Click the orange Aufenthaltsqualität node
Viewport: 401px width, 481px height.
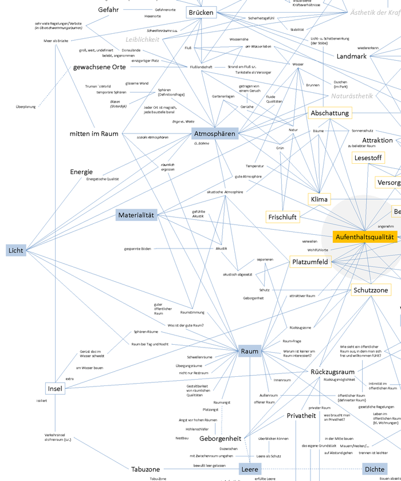click(365, 236)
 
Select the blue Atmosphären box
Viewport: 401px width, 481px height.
click(214, 134)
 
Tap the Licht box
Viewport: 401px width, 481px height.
click(16, 250)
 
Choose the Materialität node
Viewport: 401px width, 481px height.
click(136, 215)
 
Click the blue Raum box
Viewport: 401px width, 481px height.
click(250, 351)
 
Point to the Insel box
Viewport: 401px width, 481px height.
click(55, 389)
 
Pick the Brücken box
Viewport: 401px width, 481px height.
click(201, 13)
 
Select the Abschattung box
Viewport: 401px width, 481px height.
click(329, 113)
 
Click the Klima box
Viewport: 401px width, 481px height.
click(319, 199)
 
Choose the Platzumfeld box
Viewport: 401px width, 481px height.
click(310, 262)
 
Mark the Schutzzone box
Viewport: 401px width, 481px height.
click(371, 290)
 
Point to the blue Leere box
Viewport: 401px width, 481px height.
click(250, 469)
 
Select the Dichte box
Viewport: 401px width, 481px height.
click(374, 469)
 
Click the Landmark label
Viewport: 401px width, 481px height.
click(351, 57)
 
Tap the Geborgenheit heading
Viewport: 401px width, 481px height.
click(220, 438)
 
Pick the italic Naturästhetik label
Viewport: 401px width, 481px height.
click(352, 96)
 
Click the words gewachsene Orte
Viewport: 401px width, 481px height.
click(99, 67)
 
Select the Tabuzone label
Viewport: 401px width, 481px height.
click(146, 469)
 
